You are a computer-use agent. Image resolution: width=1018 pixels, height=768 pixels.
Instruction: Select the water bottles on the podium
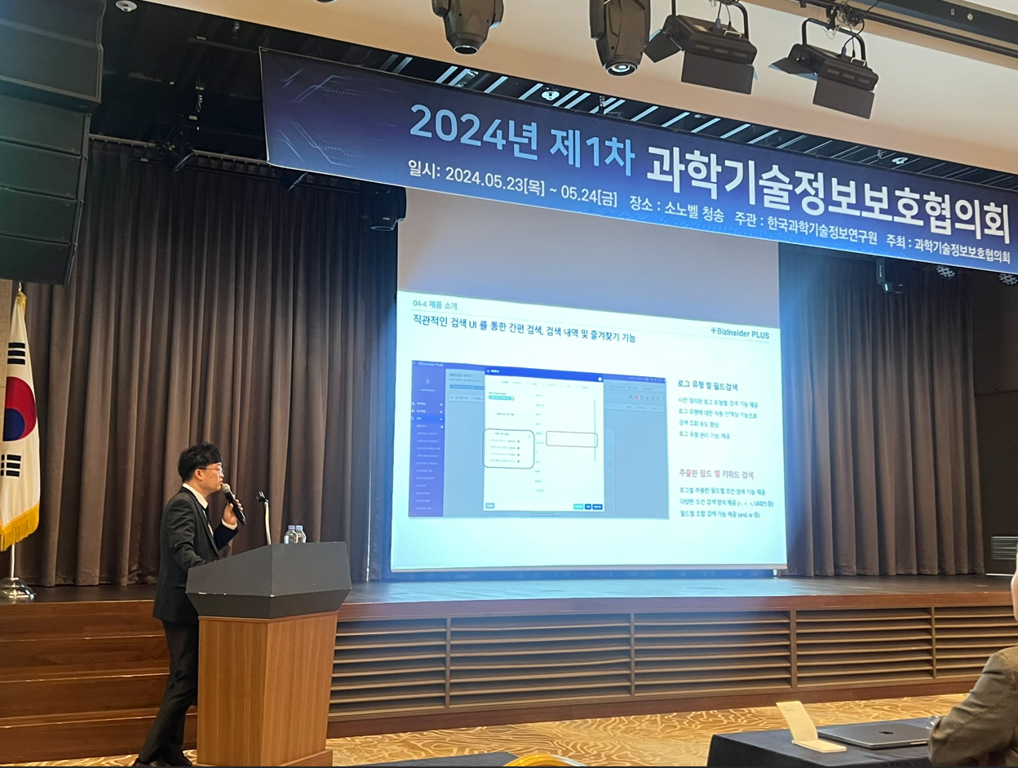pyautogui.click(x=294, y=534)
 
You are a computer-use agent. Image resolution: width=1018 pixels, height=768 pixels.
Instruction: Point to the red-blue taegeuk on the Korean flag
pyautogui.click(x=18, y=409)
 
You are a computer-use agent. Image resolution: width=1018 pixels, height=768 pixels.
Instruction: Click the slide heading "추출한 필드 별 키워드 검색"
pyautogui.click(x=716, y=473)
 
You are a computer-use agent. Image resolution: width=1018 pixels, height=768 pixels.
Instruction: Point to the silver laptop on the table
pyautogui.click(x=877, y=735)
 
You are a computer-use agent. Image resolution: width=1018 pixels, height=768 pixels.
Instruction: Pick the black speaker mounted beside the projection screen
pyautogui.click(x=384, y=207)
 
